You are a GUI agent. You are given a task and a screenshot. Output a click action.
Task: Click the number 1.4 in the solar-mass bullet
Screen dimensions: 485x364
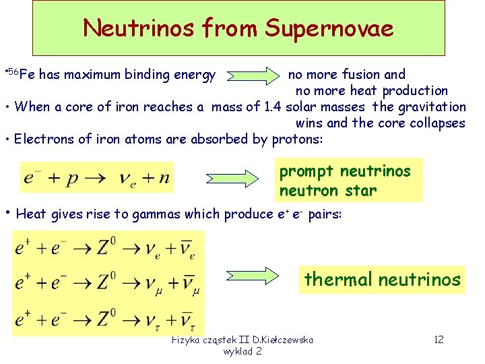click(x=273, y=107)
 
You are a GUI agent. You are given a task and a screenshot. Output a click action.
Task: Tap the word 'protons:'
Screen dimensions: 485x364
click(x=298, y=140)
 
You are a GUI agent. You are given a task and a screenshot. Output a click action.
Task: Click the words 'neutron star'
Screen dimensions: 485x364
click(x=328, y=190)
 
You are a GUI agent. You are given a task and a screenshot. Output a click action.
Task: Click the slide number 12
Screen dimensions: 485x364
click(x=439, y=340)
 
